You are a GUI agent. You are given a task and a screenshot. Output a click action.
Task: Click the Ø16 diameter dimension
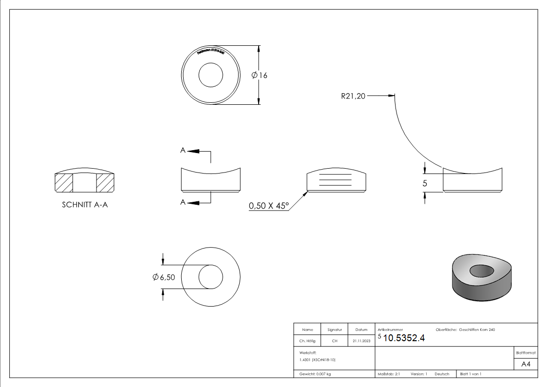[260, 75]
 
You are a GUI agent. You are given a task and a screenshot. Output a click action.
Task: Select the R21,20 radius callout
[353, 96]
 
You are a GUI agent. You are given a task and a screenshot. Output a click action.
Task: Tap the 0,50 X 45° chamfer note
[268, 206]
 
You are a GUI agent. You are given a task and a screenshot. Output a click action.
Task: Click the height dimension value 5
[424, 183]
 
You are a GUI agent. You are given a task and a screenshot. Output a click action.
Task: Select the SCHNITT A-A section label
[85, 205]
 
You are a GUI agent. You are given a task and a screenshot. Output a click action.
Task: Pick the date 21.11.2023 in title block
[361, 341]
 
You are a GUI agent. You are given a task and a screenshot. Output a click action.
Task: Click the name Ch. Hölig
[307, 341]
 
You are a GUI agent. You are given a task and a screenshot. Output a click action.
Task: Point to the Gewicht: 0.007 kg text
[315, 374]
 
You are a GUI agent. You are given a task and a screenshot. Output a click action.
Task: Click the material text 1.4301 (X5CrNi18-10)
[318, 360]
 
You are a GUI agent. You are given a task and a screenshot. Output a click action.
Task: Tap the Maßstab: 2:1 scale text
[389, 374]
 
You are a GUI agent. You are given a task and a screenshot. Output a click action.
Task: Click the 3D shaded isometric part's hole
[482, 270]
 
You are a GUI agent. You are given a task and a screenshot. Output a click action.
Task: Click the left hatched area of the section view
[64, 183]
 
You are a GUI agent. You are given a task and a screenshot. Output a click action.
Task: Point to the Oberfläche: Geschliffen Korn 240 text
[468, 330]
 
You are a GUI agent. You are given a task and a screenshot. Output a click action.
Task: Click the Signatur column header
[334, 330]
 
